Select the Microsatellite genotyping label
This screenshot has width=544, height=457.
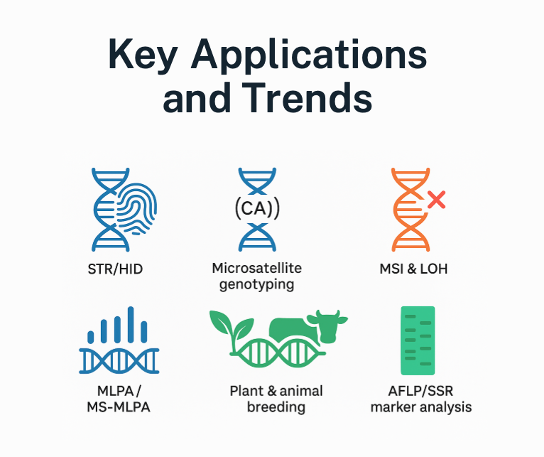256,276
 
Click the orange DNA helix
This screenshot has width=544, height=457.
407,209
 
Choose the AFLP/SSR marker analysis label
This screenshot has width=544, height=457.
421,399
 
